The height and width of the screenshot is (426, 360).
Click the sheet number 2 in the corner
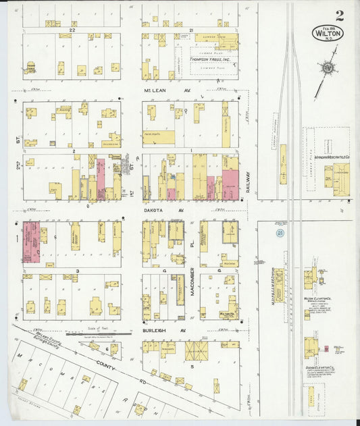339,15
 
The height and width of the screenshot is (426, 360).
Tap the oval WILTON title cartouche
328,32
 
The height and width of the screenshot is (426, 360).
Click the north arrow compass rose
328,68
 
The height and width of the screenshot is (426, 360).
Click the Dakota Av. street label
155,209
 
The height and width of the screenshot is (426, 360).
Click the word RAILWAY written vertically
249,182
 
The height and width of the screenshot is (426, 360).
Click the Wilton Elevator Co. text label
316,298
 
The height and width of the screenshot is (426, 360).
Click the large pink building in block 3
31,242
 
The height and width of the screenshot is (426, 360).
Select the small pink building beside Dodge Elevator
326,349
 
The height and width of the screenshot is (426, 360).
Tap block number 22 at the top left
70,31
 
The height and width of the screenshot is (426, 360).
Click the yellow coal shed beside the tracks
282,164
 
